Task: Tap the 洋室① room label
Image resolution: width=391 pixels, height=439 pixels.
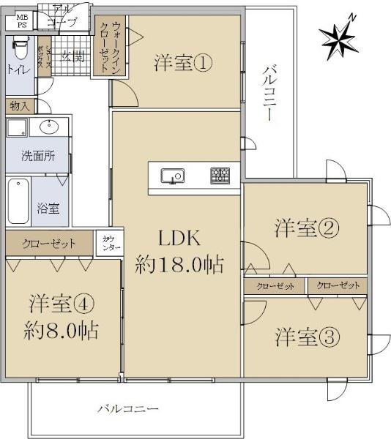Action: click(183, 64)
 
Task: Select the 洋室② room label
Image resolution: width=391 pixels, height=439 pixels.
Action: click(306, 229)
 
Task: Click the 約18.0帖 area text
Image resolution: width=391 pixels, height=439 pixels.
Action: click(179, 266)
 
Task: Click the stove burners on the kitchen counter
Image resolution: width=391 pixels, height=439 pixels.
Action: click(220, 176)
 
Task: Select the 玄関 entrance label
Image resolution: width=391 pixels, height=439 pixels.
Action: click(71, 56)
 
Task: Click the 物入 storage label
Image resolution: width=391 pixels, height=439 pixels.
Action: click(20, 106)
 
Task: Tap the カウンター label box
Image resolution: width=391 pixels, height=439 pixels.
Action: click(108, 242)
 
